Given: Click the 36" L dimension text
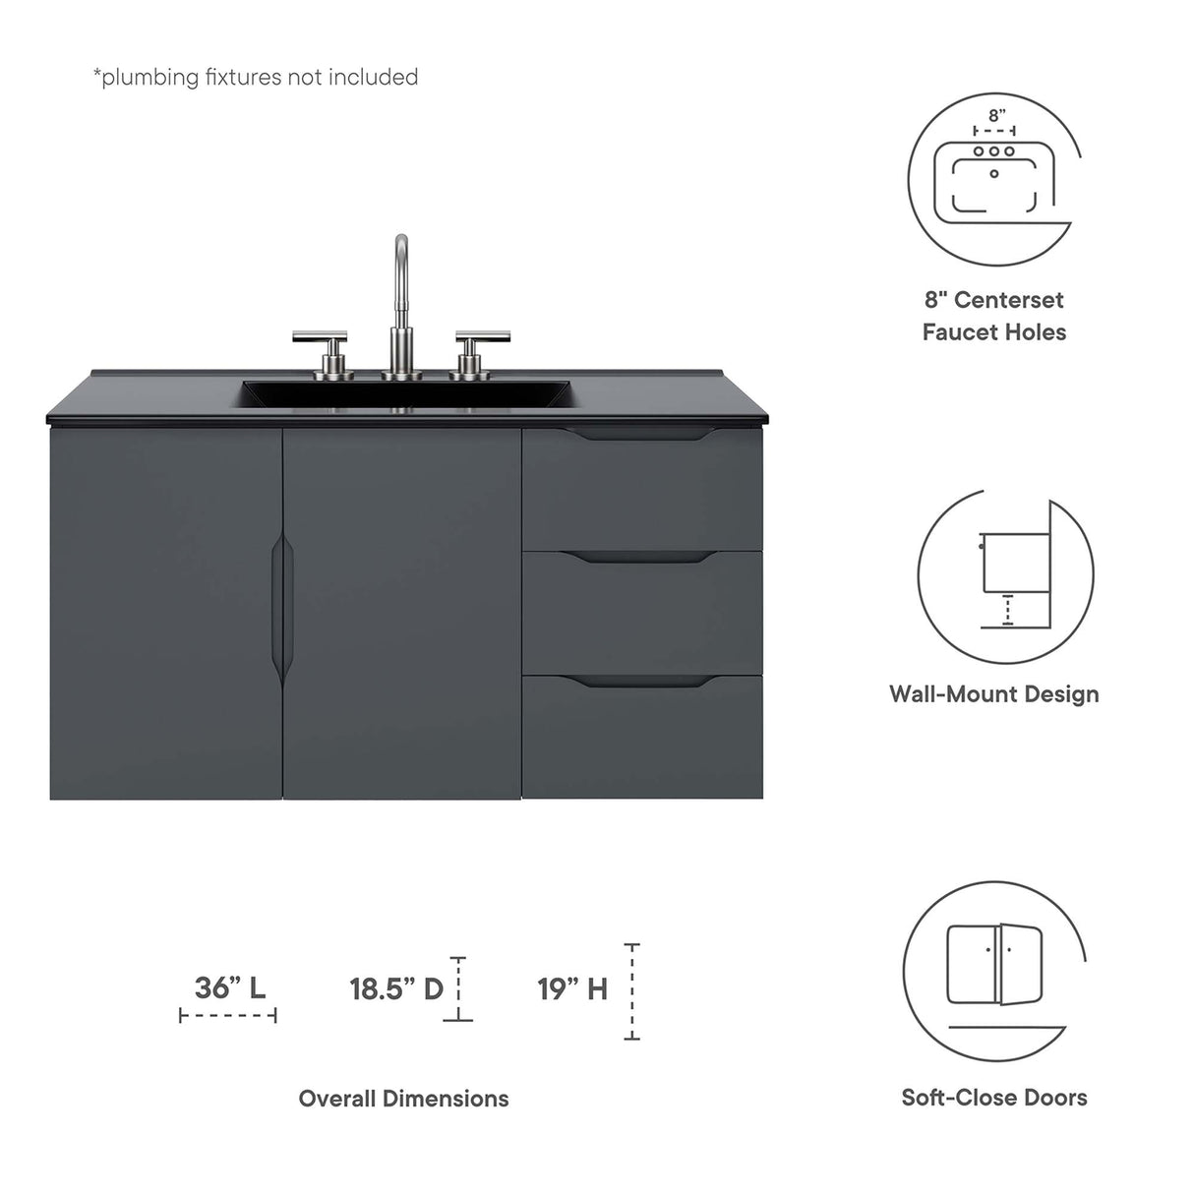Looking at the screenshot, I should (x=230, y=987).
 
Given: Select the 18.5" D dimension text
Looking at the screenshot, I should (x=397, y=988).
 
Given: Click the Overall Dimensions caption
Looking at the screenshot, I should (x=404, y=1099).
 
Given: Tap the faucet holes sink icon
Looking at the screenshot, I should (x=994, y=177).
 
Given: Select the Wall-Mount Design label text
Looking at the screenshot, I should (x=994, y=693).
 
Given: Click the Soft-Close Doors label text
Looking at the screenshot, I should (x=994, y=1098).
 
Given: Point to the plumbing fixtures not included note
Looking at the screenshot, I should (x=256, y=77).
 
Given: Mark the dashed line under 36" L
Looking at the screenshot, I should (x=228, y=1015).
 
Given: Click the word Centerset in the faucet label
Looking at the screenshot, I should (x=1009, y=300).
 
